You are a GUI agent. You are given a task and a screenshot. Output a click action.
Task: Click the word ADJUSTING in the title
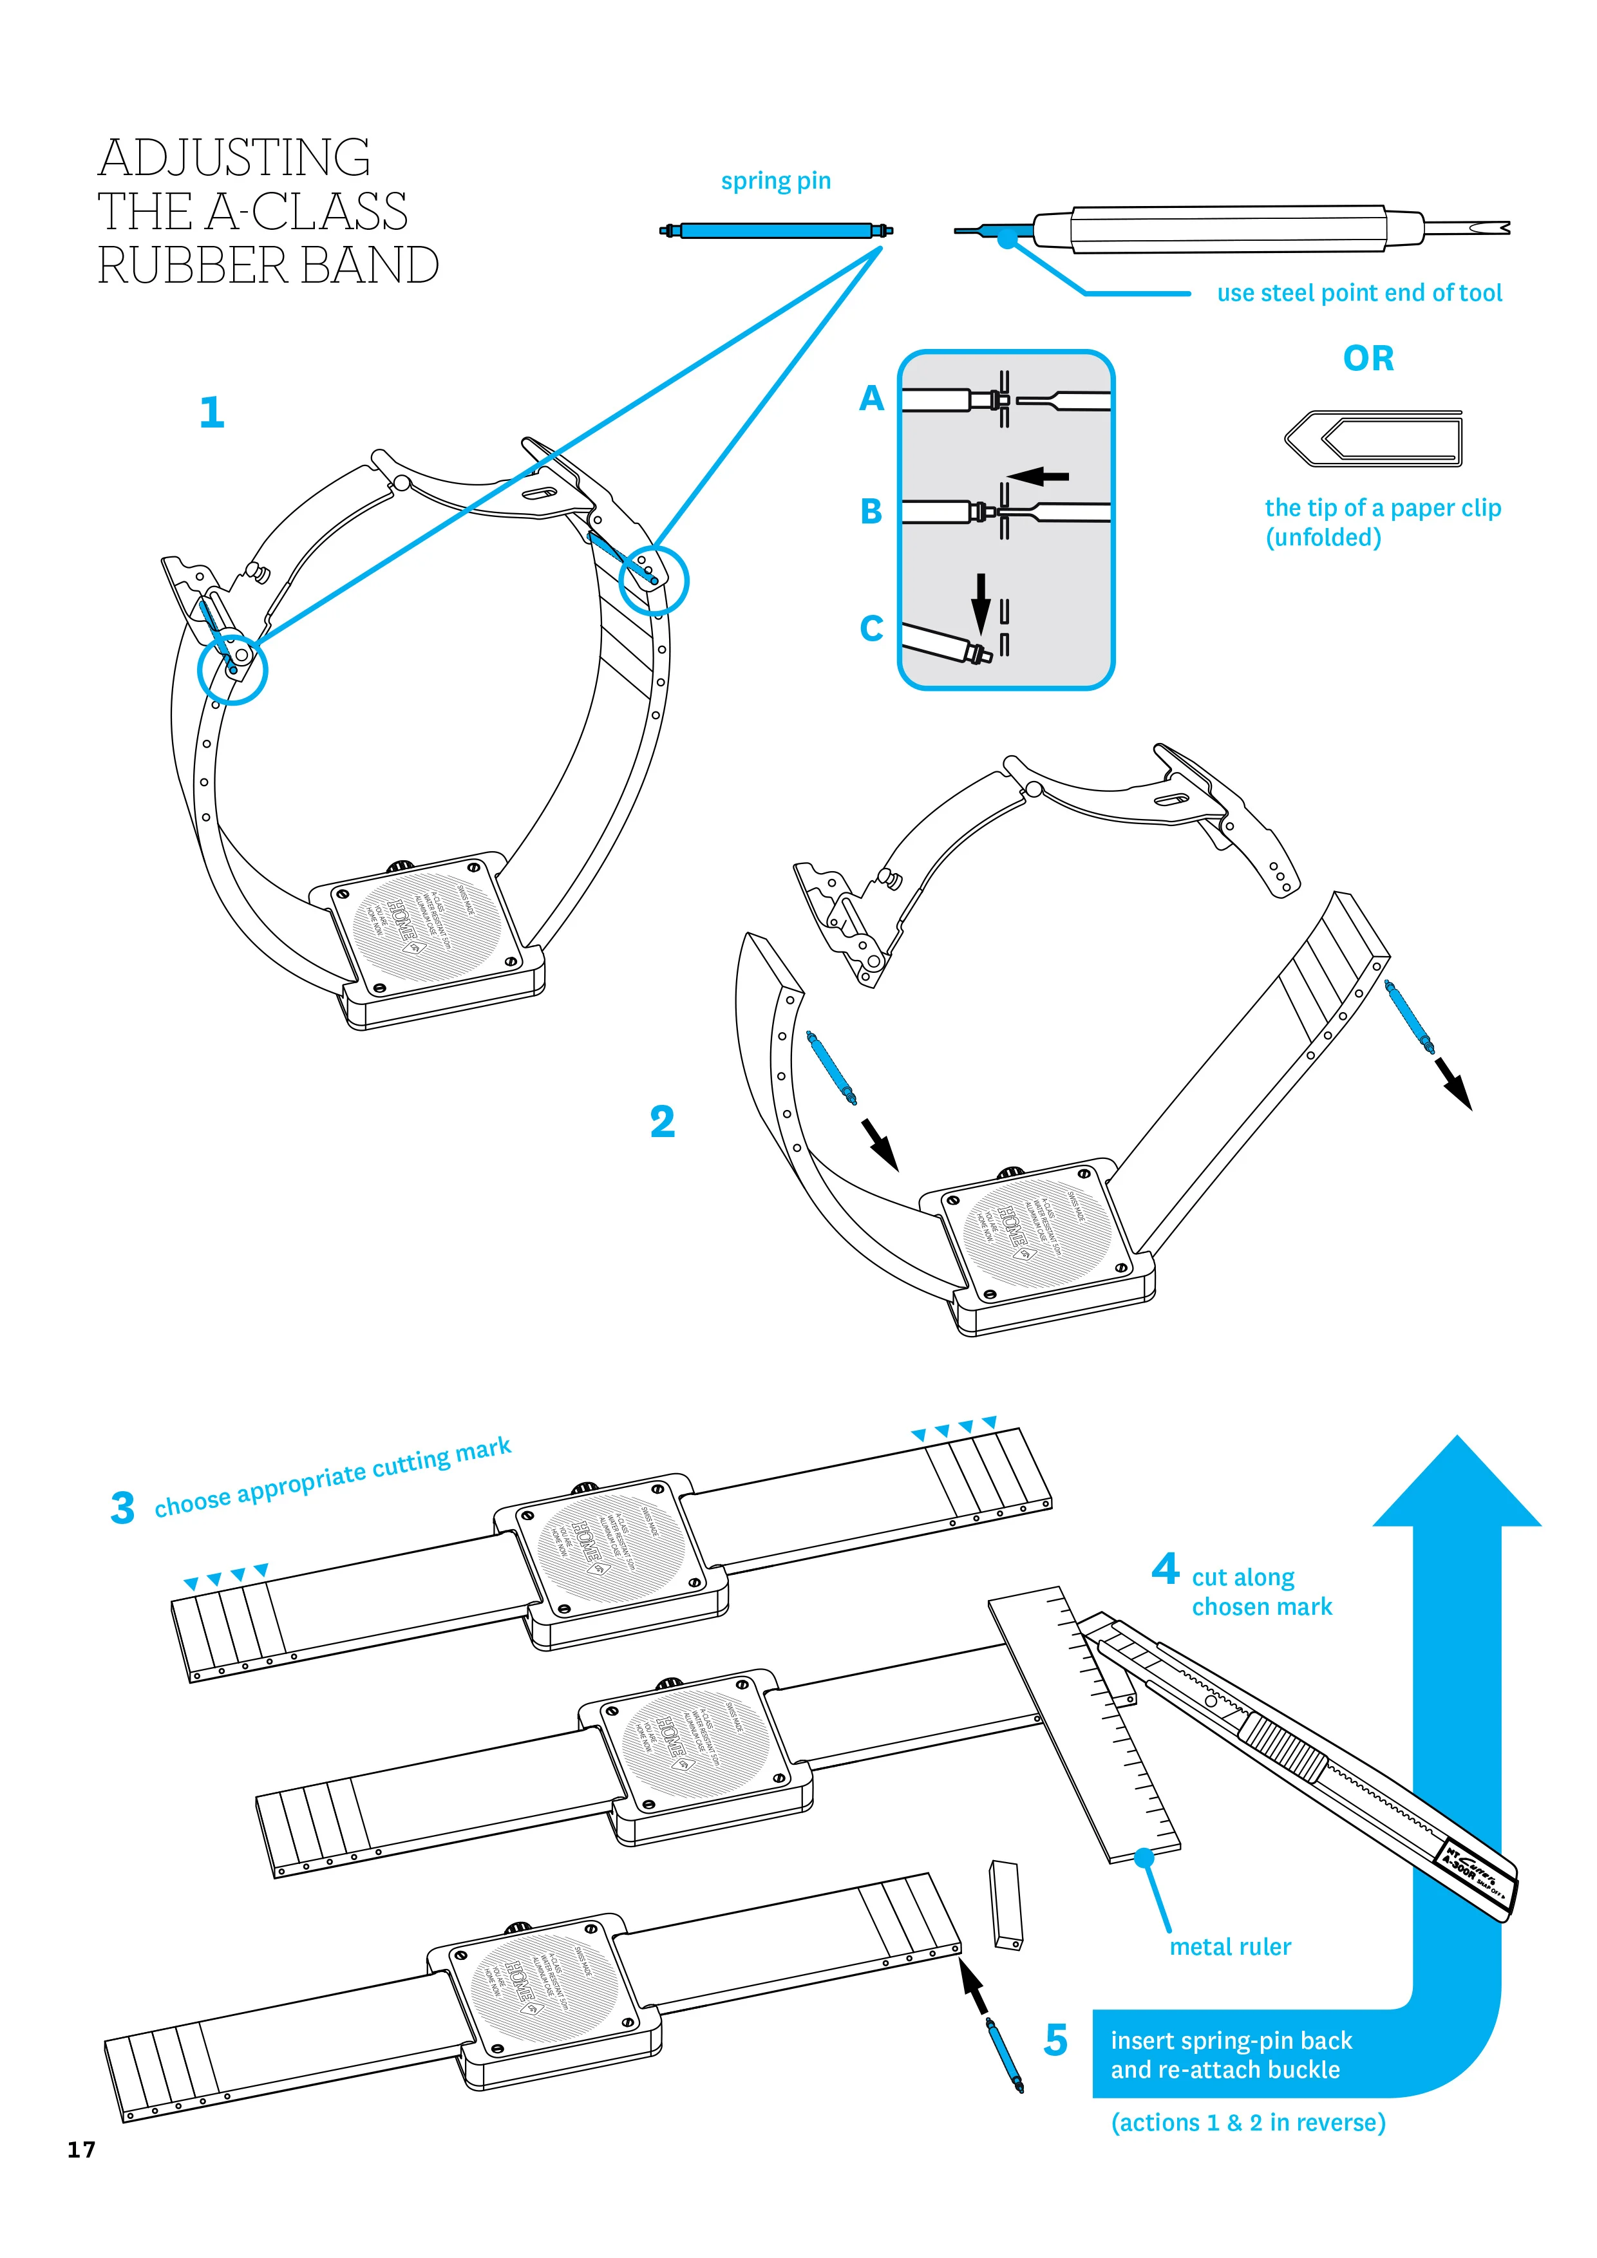(x=234, y=158)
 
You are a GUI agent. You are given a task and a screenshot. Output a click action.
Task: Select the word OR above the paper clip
(x=1368, y=359)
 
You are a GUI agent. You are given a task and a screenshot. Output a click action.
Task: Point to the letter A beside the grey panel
(x=871, y=399)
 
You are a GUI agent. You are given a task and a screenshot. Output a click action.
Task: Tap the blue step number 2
(x=662, y=1122)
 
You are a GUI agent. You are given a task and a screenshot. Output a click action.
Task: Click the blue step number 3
(x=122, y=1509)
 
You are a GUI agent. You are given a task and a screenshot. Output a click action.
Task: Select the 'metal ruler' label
(x=1229, y=1946)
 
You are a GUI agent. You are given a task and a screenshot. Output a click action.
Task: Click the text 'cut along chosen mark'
(x=1261, y=1592)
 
